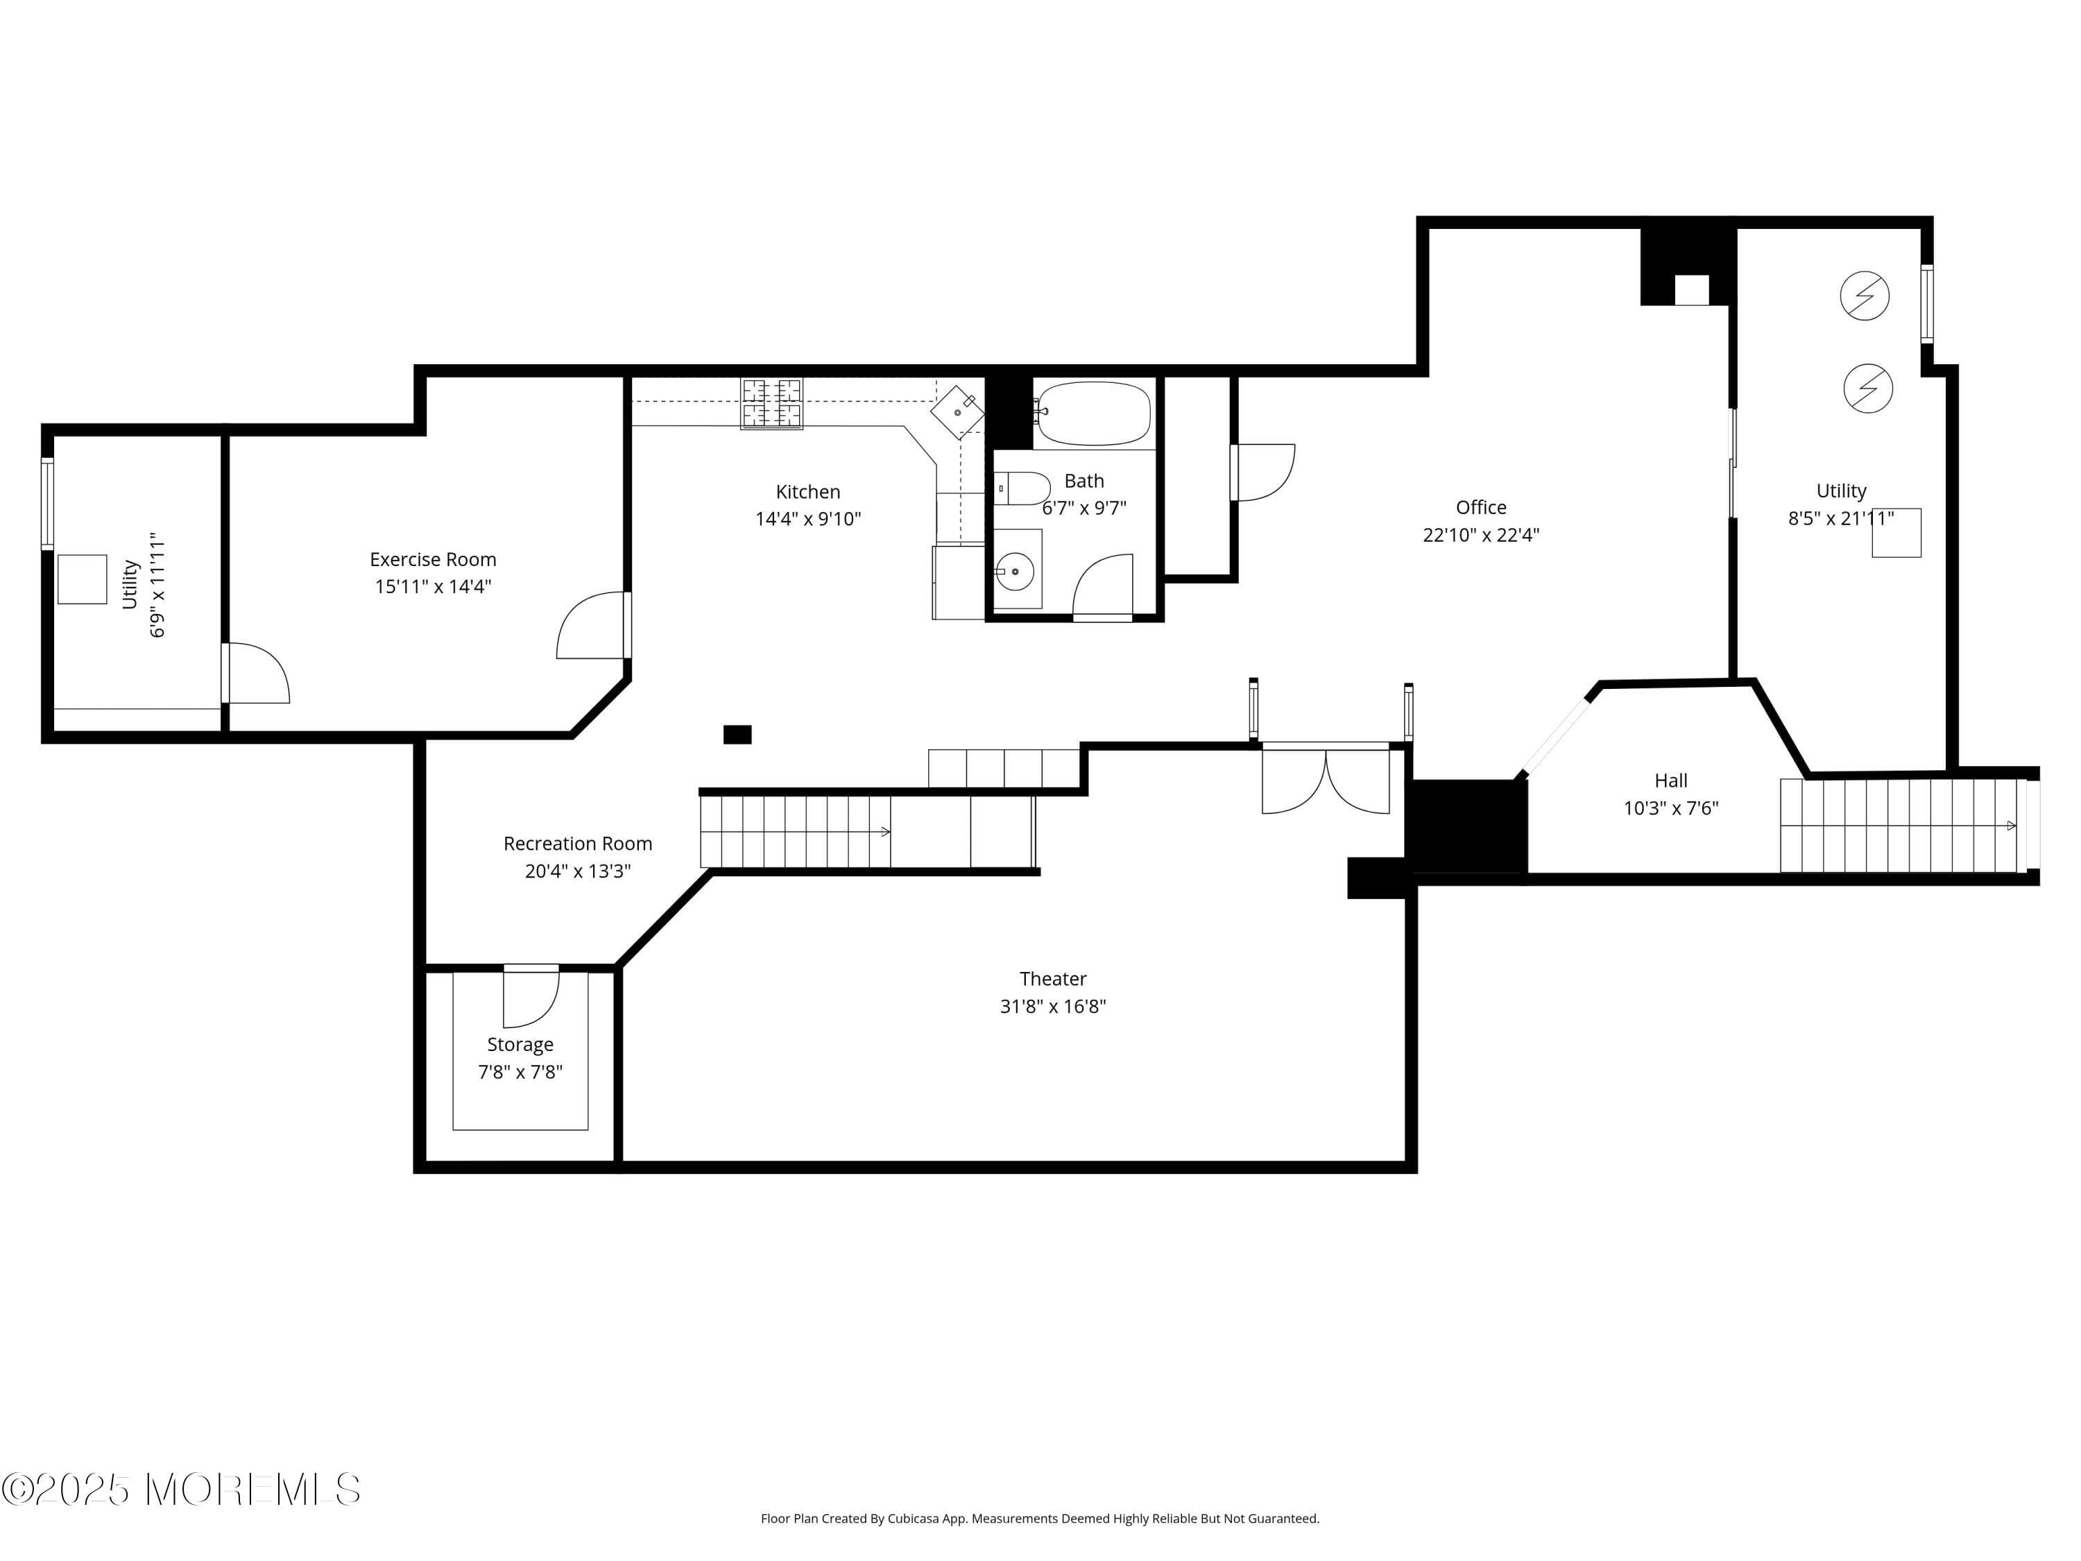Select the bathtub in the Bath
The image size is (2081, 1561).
[1093, 413]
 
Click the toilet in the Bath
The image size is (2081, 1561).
[1024, 488]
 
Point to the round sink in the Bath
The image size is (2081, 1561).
[1015, 571]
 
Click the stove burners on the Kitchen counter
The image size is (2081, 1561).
[771, 402]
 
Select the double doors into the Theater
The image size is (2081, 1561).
[1325, 781]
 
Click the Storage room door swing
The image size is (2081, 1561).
[531, 999]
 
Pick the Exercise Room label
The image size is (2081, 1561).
[433, 559]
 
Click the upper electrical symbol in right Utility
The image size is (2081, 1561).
[1864, 296]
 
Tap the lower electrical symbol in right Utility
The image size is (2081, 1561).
[1867, 388]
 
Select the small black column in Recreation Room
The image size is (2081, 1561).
[737, 734]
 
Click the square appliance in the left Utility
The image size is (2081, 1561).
[82, 579]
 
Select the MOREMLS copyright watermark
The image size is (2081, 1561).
[180, 1490]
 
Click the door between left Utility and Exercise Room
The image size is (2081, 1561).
[254, 674]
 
